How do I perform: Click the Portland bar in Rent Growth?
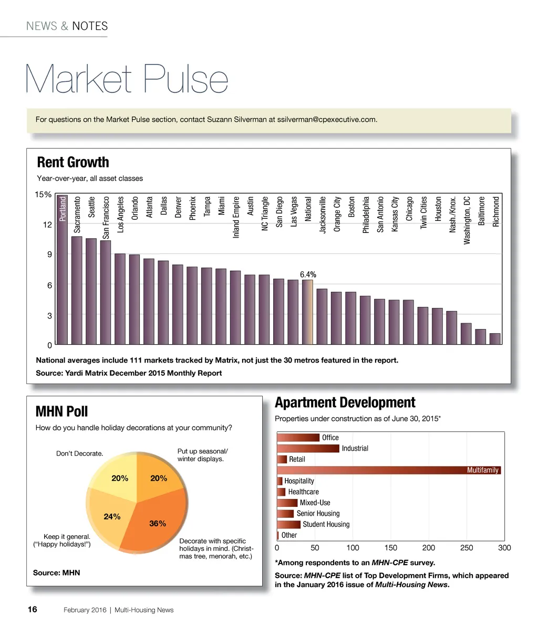62,273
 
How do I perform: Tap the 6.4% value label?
308,274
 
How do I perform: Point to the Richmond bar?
495,339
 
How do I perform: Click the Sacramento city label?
77,214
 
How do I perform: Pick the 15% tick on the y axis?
43,195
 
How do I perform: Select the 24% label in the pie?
112,516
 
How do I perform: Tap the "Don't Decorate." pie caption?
79,453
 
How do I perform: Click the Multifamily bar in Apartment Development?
389,470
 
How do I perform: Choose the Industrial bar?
308,449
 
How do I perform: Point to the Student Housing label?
326,524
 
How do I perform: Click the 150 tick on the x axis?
390,548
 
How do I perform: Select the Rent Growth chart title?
73,163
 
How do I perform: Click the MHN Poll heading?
61,411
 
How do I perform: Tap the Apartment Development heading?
345,402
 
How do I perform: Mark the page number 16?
33,609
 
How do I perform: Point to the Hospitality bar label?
299,481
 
